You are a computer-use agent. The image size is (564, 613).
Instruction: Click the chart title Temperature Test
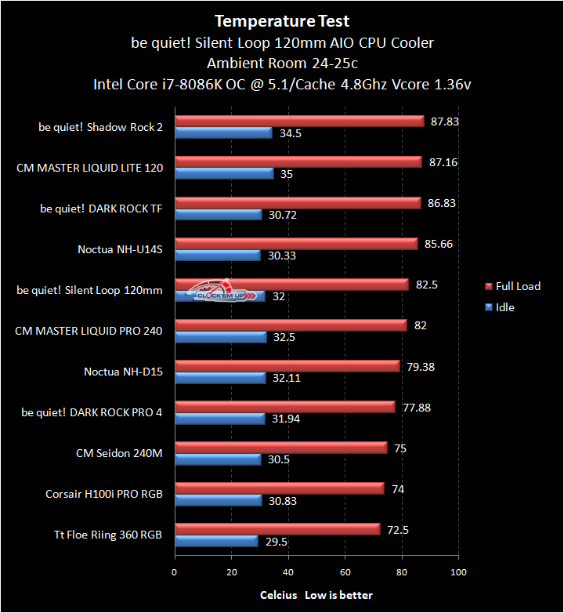tap(282, 21)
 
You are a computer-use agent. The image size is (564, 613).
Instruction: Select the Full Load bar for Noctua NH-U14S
tap(296, 244)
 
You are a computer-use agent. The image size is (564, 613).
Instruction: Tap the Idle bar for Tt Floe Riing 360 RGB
tap(216, 541)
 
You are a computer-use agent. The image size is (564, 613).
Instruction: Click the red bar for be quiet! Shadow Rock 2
tap(299, 122)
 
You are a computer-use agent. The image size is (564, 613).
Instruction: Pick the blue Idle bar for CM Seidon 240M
tap(218, 459)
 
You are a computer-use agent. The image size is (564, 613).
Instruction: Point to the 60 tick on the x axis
tap(345, 572)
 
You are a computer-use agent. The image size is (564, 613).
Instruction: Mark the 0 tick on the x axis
tap(175, 572)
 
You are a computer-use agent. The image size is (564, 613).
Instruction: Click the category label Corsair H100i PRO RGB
tap(104, 494)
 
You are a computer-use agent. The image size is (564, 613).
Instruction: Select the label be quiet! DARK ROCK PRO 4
tap(92, 412)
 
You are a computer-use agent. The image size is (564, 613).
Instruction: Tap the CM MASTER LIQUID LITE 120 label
tap(89, 168)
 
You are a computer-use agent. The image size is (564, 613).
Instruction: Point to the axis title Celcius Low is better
tap(316, 595)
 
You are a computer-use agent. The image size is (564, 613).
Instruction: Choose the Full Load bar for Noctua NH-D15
tap(287, 366)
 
